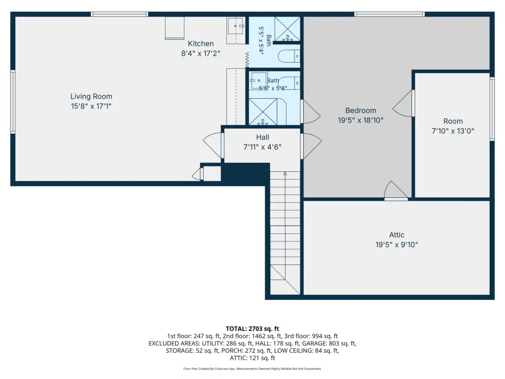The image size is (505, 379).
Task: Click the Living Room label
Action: pyautogui.click(x=91, y=96)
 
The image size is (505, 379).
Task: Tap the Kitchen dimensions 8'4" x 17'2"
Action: pyautogui.click(x=201, y=53)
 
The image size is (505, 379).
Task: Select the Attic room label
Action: pyautogui.click(x=397, y=234)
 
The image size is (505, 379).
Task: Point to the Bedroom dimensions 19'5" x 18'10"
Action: pyautogui.click(x=361, y=120)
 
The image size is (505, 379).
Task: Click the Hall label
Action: pyautogui.click(x=262, y=137)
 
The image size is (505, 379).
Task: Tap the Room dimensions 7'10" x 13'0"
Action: pyautogui.click(x=453, y=131)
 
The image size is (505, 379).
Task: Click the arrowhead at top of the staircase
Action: pyautogui.click(x=285, y=174)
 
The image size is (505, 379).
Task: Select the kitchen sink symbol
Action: pyautogui.click(x=236, y=26)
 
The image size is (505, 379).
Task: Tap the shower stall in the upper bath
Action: pyautogui.click(x=288, y=29)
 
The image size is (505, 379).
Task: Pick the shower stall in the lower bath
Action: pyautogui.click(x=263, y=112)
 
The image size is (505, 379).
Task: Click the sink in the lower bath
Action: pyautogui.click(x=258, y=80)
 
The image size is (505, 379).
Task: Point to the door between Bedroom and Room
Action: pyautogui.click(x=403, y=103)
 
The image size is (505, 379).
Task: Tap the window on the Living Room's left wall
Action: pyautogui.click(x=13, y=102)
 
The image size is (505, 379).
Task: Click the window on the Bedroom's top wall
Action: pyautogui.click(x=390, y=14)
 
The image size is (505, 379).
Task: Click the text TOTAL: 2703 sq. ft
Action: pyautogui.click(x=252, y=329)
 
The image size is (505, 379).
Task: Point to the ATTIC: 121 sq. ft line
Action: pyautogui.click(x=252, y=358)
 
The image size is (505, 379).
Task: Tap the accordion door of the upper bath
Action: pyautogui.click(x=247, y=60)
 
